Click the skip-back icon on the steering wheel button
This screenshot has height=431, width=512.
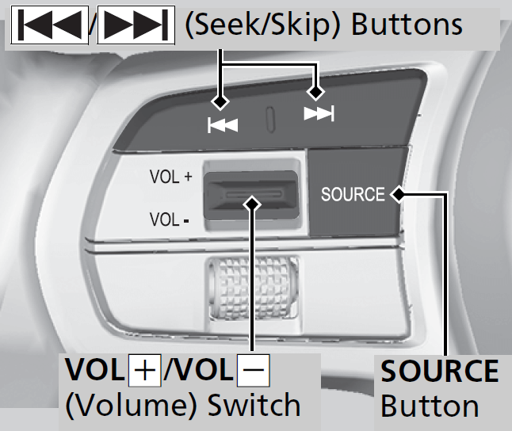pos(223,125)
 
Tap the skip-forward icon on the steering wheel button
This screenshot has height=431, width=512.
pos(319,116)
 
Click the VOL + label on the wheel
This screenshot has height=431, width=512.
pos(170,177)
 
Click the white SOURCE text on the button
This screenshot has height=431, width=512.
pos(353,194)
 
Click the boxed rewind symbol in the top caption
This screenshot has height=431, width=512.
pos(49,27)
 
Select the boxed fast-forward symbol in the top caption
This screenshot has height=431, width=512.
pos(132,27)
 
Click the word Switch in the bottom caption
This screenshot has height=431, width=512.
pos(254,406)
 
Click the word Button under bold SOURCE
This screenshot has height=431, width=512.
pos(430,406)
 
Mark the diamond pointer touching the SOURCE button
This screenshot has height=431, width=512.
pos(397,193)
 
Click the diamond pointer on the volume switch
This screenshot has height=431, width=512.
pos(253,204)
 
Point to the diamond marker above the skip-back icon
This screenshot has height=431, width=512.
pos(220,101)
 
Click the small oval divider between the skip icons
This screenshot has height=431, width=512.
pos(270,120)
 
